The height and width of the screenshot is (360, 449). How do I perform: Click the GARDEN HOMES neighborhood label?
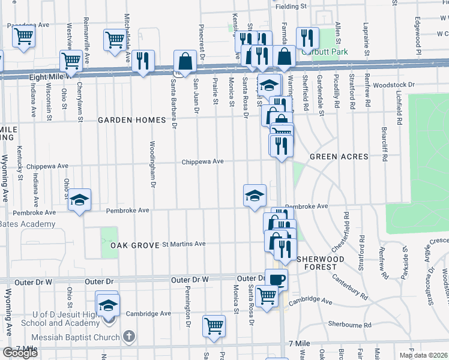click(132, 120)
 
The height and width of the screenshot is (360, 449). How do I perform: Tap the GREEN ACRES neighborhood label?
click(339, 157)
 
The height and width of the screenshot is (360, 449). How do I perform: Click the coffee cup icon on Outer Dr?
click(276, 279)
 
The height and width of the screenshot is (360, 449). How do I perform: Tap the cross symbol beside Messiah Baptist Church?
click(127, 336)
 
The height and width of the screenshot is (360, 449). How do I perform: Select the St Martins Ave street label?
click(184, 244)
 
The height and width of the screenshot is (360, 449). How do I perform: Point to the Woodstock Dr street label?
click(394, 85)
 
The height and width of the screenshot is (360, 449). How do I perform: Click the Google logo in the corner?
click(20, 353)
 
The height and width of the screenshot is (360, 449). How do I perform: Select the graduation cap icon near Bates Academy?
click(79, 200)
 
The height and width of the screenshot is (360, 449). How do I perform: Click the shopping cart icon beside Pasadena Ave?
click(23, 36)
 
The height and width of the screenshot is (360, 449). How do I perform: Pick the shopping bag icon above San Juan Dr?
click(185, 61)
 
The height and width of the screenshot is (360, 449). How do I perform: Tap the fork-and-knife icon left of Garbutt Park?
click(307, 38)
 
